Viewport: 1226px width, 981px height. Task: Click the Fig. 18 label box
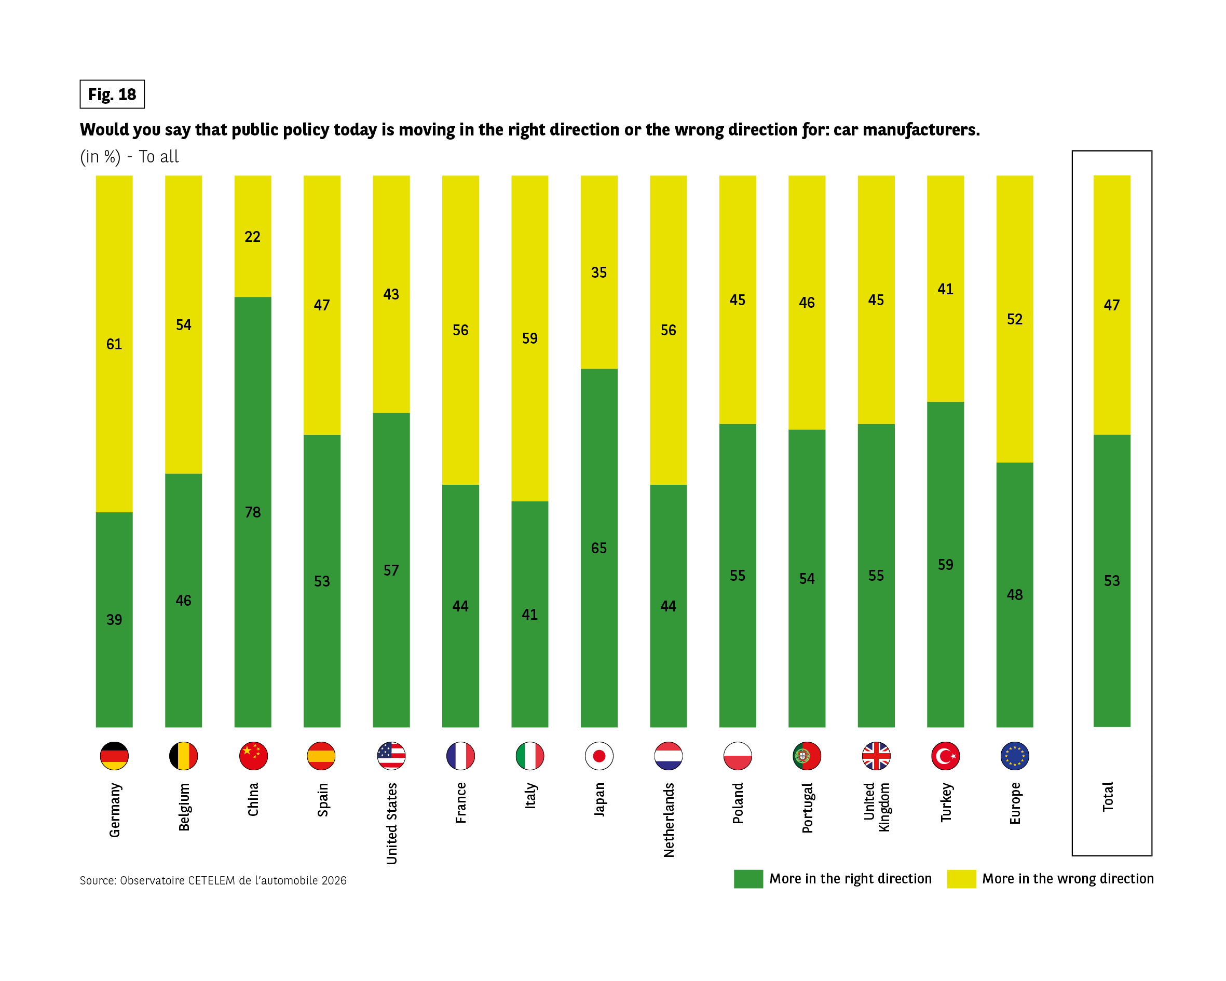(112, 94)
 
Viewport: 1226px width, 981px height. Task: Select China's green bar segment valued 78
(252, 512)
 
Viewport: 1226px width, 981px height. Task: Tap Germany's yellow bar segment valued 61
(114, 344)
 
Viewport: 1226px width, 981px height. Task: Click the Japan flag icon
(599, 756)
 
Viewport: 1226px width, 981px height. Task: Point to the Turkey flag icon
(945, 756)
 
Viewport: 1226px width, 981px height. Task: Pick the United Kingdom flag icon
(876, 756)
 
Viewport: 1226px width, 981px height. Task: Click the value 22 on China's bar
(252, 237)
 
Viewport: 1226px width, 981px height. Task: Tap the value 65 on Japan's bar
(599, 548)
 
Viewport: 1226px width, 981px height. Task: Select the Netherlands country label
(669, 820)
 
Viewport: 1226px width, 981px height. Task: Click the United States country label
(391, 823)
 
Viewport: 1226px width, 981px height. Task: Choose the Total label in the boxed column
(1108, 796)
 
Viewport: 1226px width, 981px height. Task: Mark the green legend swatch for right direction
(748, 879)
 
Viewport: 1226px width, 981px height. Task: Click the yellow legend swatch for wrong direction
(961, 879)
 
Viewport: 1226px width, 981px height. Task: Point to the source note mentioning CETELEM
(213, 880)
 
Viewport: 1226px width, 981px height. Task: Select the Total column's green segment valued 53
(1112, 580)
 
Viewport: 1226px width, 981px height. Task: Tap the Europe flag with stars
(1014, 756)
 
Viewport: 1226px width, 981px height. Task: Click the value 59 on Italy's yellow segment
(529, 338)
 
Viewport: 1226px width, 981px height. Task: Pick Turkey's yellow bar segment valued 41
(945, 289)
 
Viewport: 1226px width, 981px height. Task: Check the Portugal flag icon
(806, 756)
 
